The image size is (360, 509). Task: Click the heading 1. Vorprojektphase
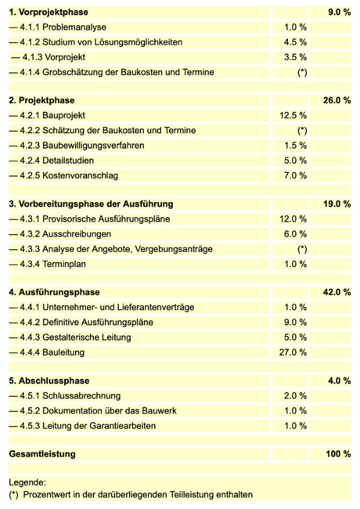48,12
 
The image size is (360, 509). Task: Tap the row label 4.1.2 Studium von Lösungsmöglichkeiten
96,42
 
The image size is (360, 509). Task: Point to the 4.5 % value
295,42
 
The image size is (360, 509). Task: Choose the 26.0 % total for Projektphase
337,100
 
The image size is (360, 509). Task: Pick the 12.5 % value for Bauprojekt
293,115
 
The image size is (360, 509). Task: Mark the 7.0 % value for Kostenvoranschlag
295,175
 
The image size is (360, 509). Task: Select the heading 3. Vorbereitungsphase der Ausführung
91,203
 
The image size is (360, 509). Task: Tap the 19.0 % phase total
337,203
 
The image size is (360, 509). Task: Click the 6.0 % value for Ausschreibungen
295,233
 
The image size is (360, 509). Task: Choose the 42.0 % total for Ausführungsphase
337,292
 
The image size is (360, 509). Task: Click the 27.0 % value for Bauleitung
293,352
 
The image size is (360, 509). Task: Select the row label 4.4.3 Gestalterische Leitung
70,337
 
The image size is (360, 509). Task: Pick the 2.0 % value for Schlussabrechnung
295,396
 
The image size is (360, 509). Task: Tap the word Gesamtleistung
43,454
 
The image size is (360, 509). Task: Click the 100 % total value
338,454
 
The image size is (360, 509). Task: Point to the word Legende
27,482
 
